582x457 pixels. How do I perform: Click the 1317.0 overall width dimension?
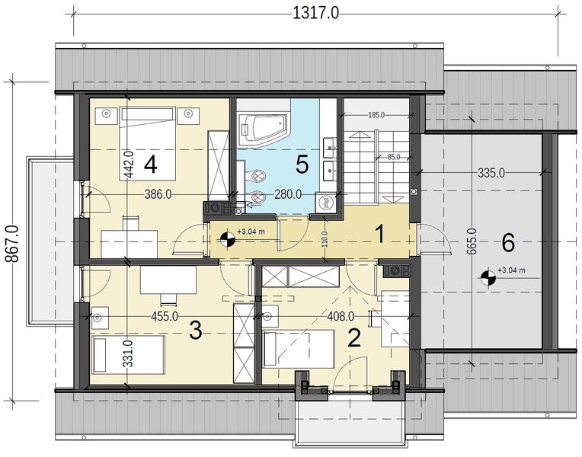tap(316, 14)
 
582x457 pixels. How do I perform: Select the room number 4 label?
tap(150, 165)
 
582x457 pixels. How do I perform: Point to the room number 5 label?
tap(302, 165)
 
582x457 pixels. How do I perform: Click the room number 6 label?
tap(508, 244)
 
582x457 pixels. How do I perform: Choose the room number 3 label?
tap(196, 331)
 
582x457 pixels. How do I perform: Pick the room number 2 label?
tap(354, 338)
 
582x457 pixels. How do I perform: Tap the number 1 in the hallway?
tap(379, 235)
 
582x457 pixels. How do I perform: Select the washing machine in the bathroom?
tap(326, 203)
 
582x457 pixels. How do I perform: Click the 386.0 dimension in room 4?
tap(158, 194)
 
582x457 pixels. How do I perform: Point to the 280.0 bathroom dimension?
tap(288, 194)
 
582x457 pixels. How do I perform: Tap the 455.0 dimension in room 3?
tap(165, 316)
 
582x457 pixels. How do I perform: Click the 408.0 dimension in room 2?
tap(341, 316)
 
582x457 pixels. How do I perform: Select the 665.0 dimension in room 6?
tap(472, 241)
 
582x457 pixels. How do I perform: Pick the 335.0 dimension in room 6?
tap(491, 173)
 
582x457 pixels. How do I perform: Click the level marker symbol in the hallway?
tap(227, 240)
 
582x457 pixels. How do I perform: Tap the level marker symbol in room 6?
tap(488, 278)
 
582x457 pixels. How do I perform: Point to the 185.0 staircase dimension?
tap(376, 115)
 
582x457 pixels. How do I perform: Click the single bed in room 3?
tap(129, 354)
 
